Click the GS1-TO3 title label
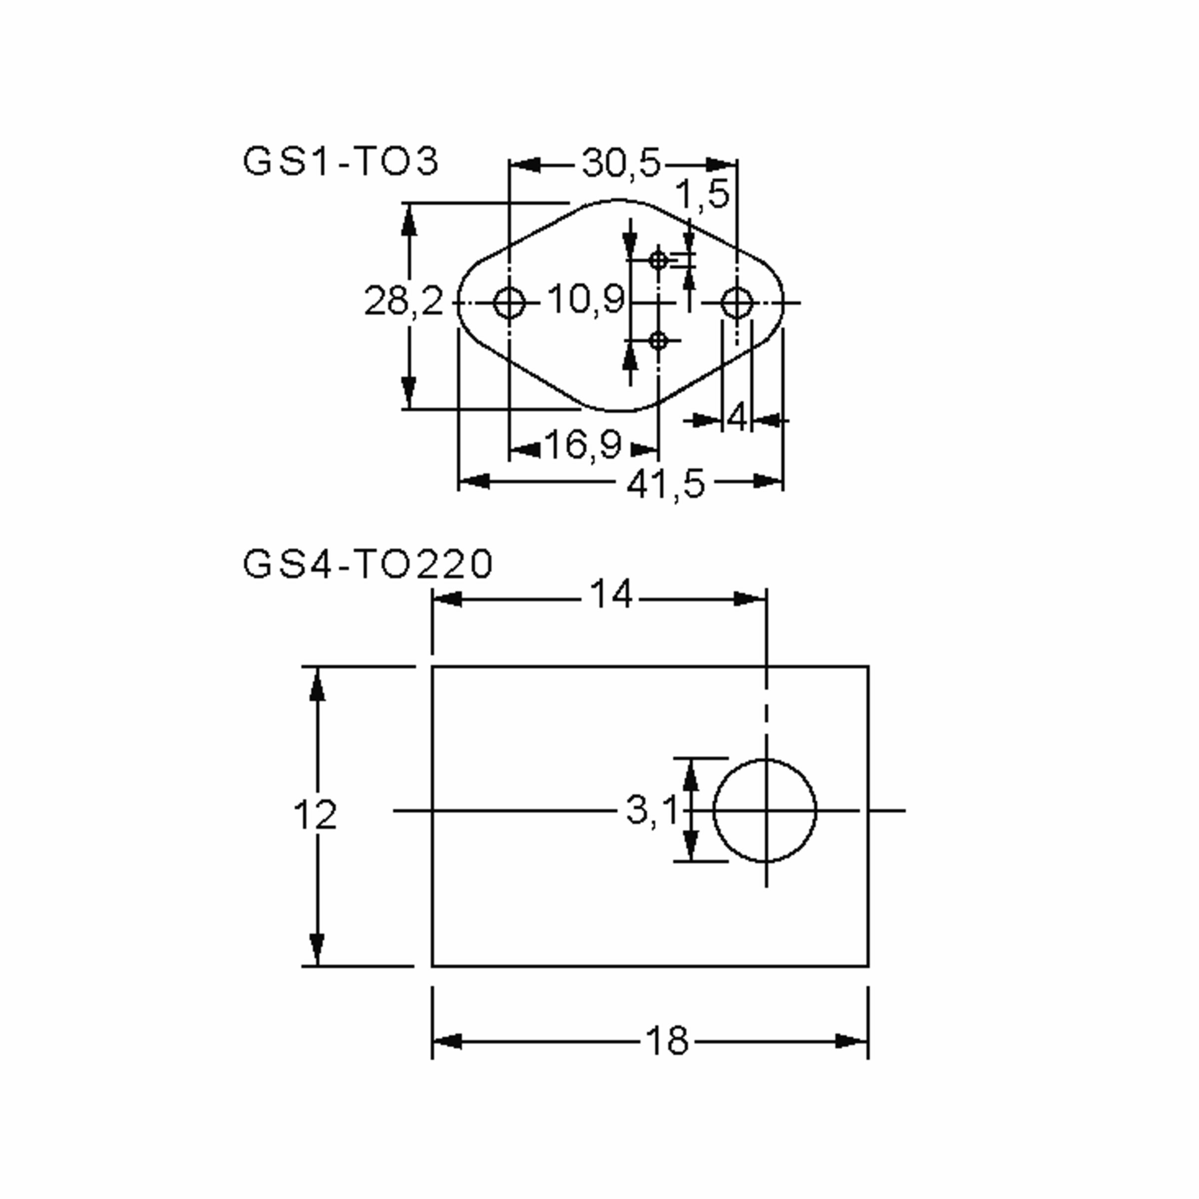coord(340,162)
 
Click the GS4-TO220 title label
coord(367,564)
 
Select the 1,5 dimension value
coord(701,194)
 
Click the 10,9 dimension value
coord(586,300)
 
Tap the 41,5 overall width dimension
coord(666,484)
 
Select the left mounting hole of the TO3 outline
coord(509,303)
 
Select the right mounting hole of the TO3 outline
coord(737,303)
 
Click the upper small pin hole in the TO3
coord(658,259)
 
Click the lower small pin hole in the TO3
coord(658,340)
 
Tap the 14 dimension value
coord(610,595)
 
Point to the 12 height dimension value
coord(315,815)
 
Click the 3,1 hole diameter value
coord(651,810)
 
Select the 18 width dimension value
coord(667,1041)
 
